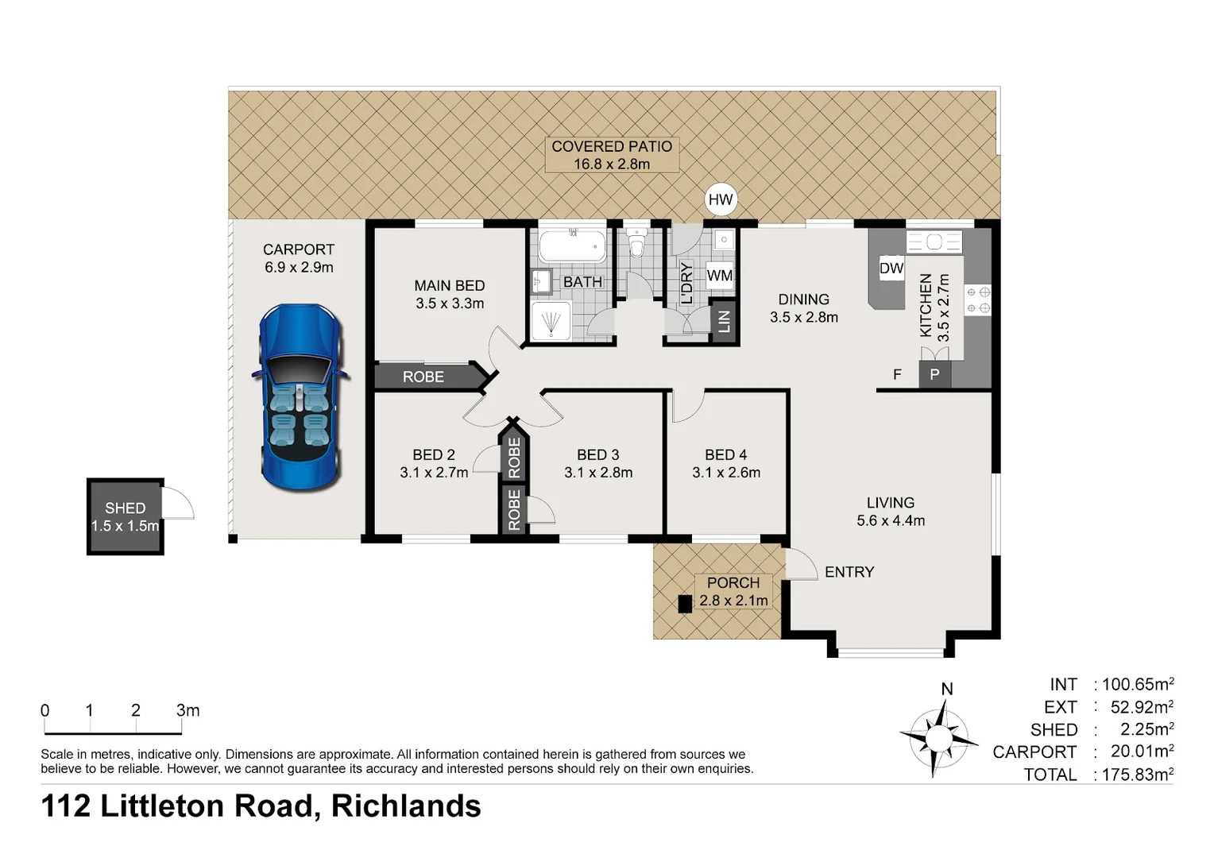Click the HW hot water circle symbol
(x=721, y=199)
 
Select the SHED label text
(x=126, y=508)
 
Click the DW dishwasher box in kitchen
(x=891, y=269)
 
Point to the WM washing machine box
(x=720, y=276)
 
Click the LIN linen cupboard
(x=723, y=322)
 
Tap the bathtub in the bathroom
(x=572, y=246)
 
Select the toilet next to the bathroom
(x=636, y=242)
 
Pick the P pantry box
(x=934, y=374)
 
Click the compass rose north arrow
(x=940, y=737)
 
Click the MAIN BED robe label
(x=423, y=377)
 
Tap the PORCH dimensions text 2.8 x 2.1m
(x=733, y=601)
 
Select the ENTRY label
(x=849, y=572)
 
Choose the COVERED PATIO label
(x=612, y=146)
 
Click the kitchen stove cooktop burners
(x=977, y=300)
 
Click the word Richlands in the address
(x=406, y=806)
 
